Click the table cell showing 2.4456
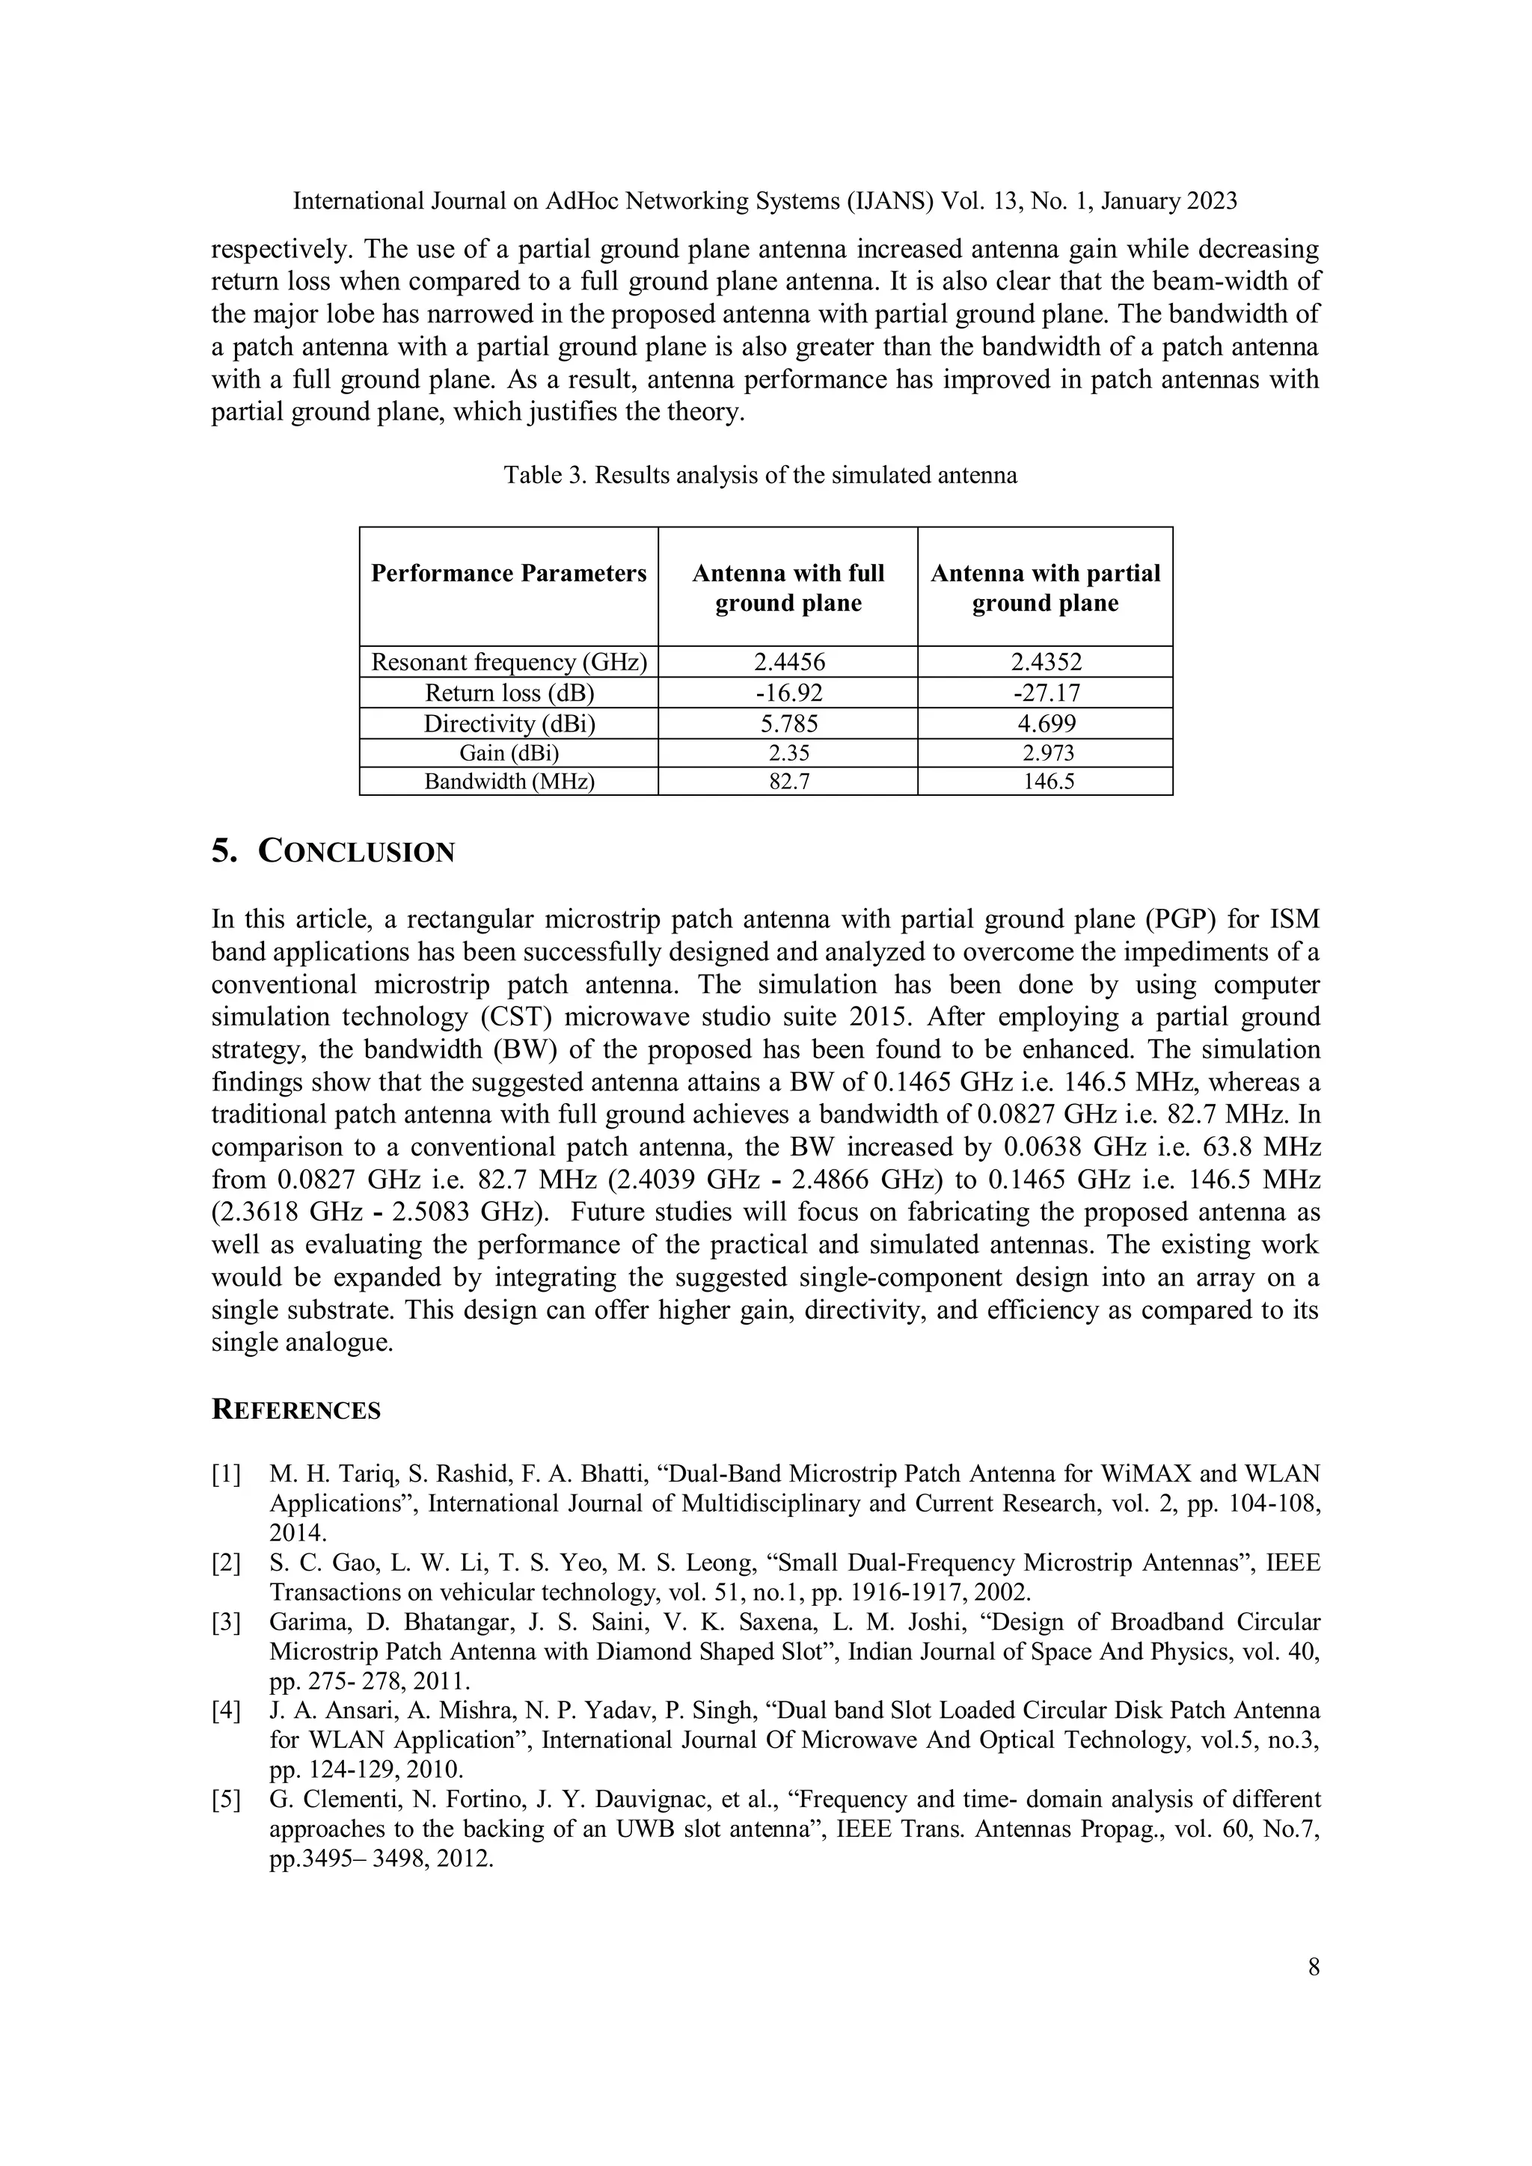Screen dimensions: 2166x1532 click(788, 662)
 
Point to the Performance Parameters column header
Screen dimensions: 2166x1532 click(509, 574)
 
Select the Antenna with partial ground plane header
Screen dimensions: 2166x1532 click(1045, 588)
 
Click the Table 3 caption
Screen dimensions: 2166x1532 click(760, 474)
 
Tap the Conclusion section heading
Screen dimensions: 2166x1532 click(334, 851)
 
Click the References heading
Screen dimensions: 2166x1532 click(296, 1411)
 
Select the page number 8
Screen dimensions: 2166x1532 click(1313, 1967)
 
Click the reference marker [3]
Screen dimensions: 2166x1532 click(227, 1622)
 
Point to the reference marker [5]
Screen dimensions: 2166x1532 click(227, 1800)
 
